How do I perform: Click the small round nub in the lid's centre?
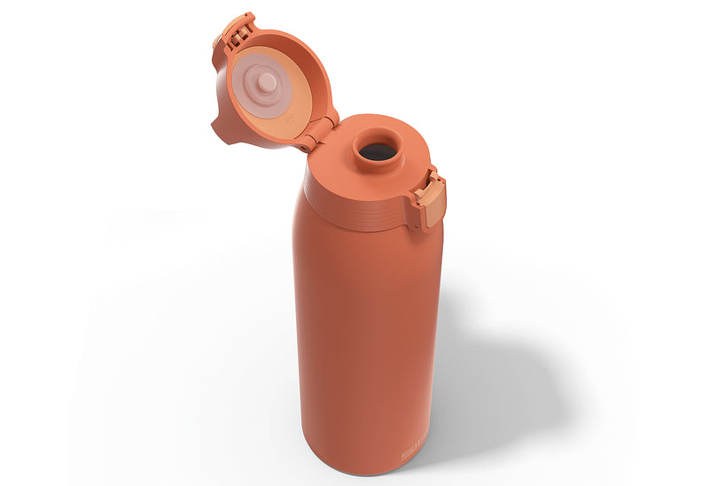pyautogui.click(x=265, y=81)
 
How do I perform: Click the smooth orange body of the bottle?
pyautogui.click(x=363, y=328)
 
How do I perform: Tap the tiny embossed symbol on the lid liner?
pyautogui.click(x=288, y=114)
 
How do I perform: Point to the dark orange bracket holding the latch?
pyautogui.click(x=417, y=212)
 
